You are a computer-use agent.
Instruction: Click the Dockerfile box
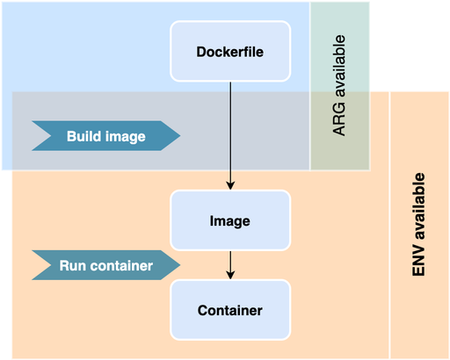[x=230, y=51]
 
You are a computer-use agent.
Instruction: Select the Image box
[x=230, y=220]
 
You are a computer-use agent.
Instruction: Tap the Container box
[x=230, y=310]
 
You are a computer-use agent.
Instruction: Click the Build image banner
[x=105, y=136]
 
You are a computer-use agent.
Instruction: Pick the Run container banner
[x=105, y=265]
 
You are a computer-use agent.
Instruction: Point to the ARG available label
[x=339, y=85]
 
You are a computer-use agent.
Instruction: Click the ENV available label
[x=418, y=225]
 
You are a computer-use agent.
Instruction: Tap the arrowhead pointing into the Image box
[x=230, y=185]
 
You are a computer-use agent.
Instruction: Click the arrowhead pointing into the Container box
[x=230, y=275]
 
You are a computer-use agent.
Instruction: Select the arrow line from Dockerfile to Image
[x=230, y=136]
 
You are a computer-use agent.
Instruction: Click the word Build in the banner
[x=83, y=136]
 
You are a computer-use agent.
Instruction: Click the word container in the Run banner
[x=121, y=265]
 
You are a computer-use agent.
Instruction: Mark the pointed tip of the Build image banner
[x=180, y=136]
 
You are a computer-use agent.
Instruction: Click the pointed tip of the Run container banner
[x=180, y=265]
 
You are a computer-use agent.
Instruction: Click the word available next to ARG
[x=339, y=66]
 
